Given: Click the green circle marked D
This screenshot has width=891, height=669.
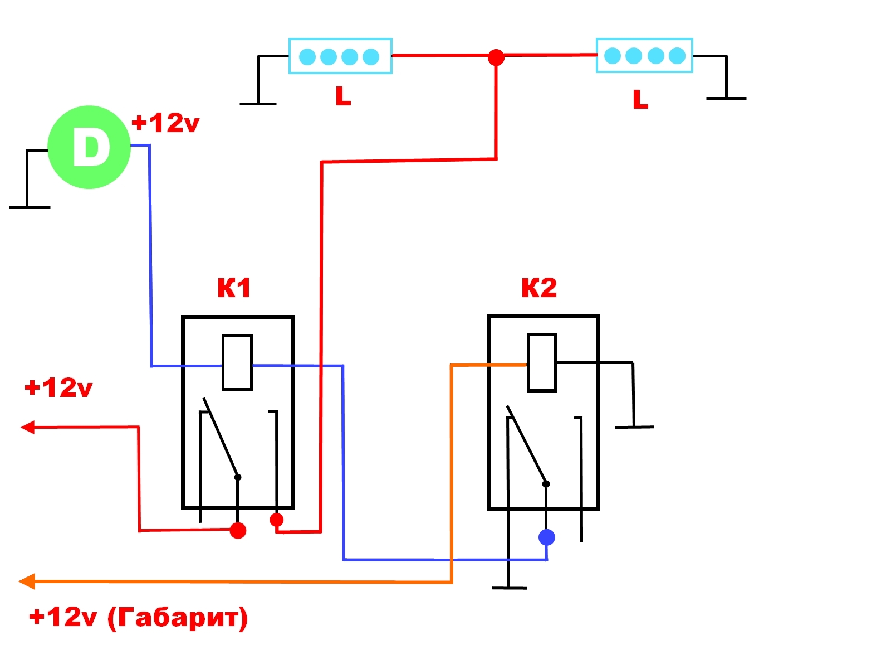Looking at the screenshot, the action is tap(89, 147).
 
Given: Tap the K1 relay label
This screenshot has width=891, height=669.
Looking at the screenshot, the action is tap(234, 288).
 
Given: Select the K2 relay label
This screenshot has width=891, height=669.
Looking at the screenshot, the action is tap(538, 288).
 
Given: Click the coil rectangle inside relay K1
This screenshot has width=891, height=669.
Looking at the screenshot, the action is tap(237, 362).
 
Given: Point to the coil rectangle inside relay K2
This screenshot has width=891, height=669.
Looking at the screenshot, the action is tap(541, 362).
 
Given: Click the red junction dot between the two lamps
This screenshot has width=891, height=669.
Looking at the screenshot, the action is tap(496, 57).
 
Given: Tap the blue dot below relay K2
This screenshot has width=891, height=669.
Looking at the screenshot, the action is tap(546, 537).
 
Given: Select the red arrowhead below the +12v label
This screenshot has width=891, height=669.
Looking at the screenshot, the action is tap(28, 427).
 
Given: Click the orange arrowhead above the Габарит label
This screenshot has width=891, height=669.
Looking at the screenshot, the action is tap(27, 581).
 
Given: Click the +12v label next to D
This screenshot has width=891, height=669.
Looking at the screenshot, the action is tap(165, 123).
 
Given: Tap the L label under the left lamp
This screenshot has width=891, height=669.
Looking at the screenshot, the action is tap(343, 96).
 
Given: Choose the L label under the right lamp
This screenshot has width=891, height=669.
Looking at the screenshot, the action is tap(640, 99).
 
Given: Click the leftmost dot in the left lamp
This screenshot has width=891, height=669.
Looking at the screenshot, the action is tap(307, 57).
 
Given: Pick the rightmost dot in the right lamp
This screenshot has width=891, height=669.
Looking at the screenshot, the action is tap(677, 56).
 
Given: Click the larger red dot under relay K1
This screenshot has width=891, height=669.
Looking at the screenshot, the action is tap(238, 531).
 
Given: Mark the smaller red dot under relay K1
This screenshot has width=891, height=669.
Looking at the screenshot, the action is tap(276, 520).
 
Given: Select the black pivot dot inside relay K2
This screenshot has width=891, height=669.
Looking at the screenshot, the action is tap(546, 484).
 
